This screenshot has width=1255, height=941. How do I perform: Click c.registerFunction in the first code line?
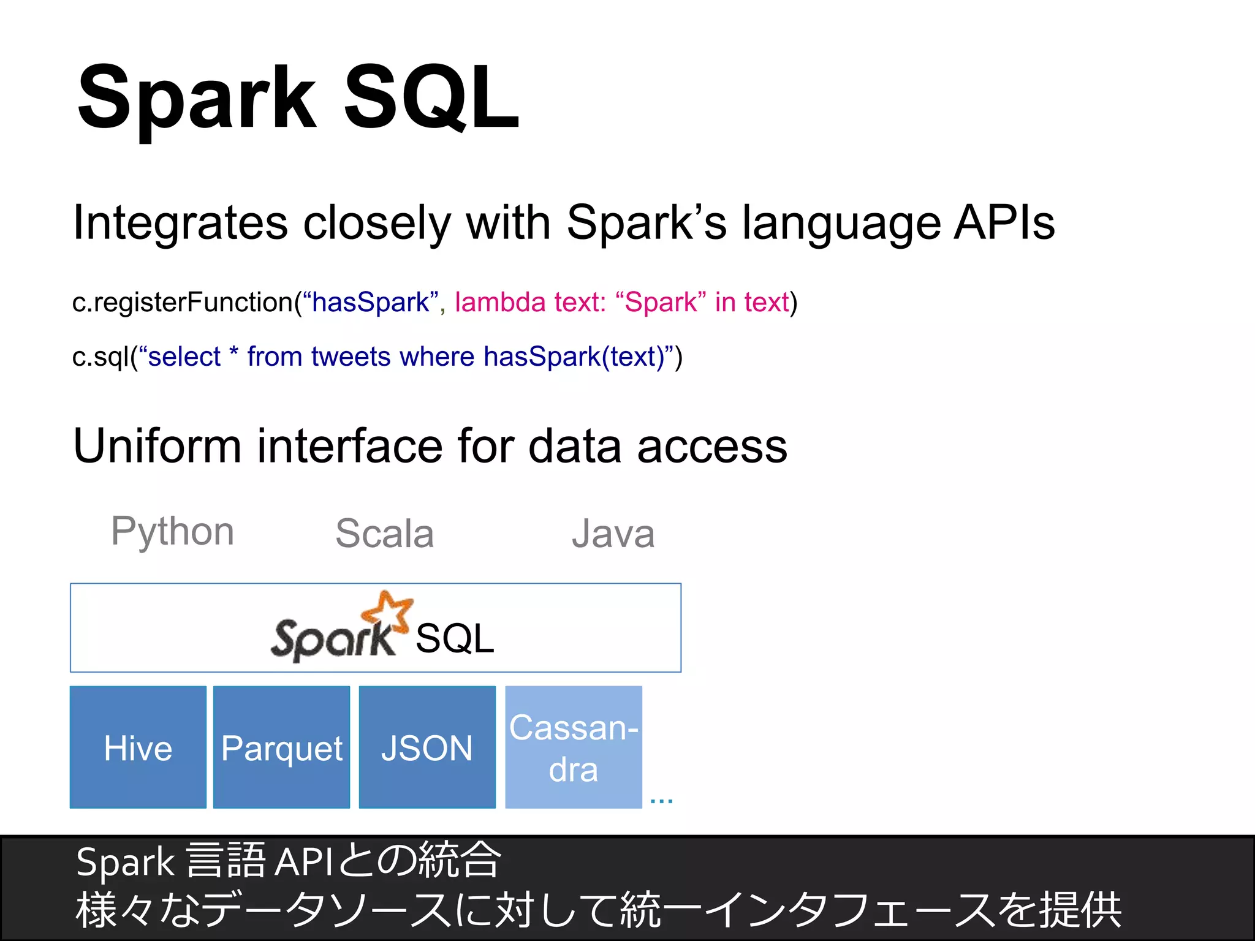(x=183, y=303)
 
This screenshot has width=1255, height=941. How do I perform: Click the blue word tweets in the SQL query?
(x=351, y=357)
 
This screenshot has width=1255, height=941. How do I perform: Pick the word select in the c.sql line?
(x=184, y=357)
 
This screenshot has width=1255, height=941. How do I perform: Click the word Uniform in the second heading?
(x=157, y=446)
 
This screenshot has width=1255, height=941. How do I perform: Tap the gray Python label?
(x=172, y=532)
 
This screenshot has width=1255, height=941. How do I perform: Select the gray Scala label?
(x=384, y=534)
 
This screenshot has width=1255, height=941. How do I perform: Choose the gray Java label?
(x=613, y=534)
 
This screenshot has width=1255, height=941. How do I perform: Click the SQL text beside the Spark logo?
(x=455, y=638)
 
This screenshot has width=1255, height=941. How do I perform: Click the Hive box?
(x=138, y=747)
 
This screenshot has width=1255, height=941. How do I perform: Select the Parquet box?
(x=282, y=747)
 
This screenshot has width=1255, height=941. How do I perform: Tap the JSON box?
(x=427, y=747)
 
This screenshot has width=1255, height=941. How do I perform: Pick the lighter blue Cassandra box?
(x=574, y=747)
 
